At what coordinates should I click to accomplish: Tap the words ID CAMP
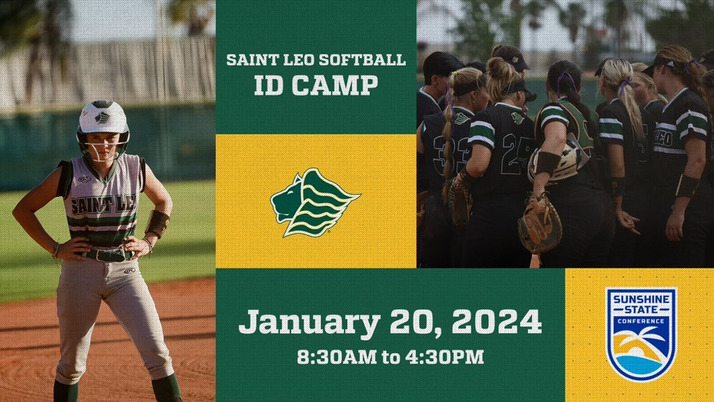click(316, 85)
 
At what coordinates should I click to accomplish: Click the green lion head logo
click(314, 202)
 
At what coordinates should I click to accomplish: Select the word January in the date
click(310, 322)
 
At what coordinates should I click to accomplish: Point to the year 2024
click(496, 322)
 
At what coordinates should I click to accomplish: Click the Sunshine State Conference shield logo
click(640, 334)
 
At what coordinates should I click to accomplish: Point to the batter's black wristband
click(158, 223)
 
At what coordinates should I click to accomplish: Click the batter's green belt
click(105, 255)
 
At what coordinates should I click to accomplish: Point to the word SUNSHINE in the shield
click(640, 299)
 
